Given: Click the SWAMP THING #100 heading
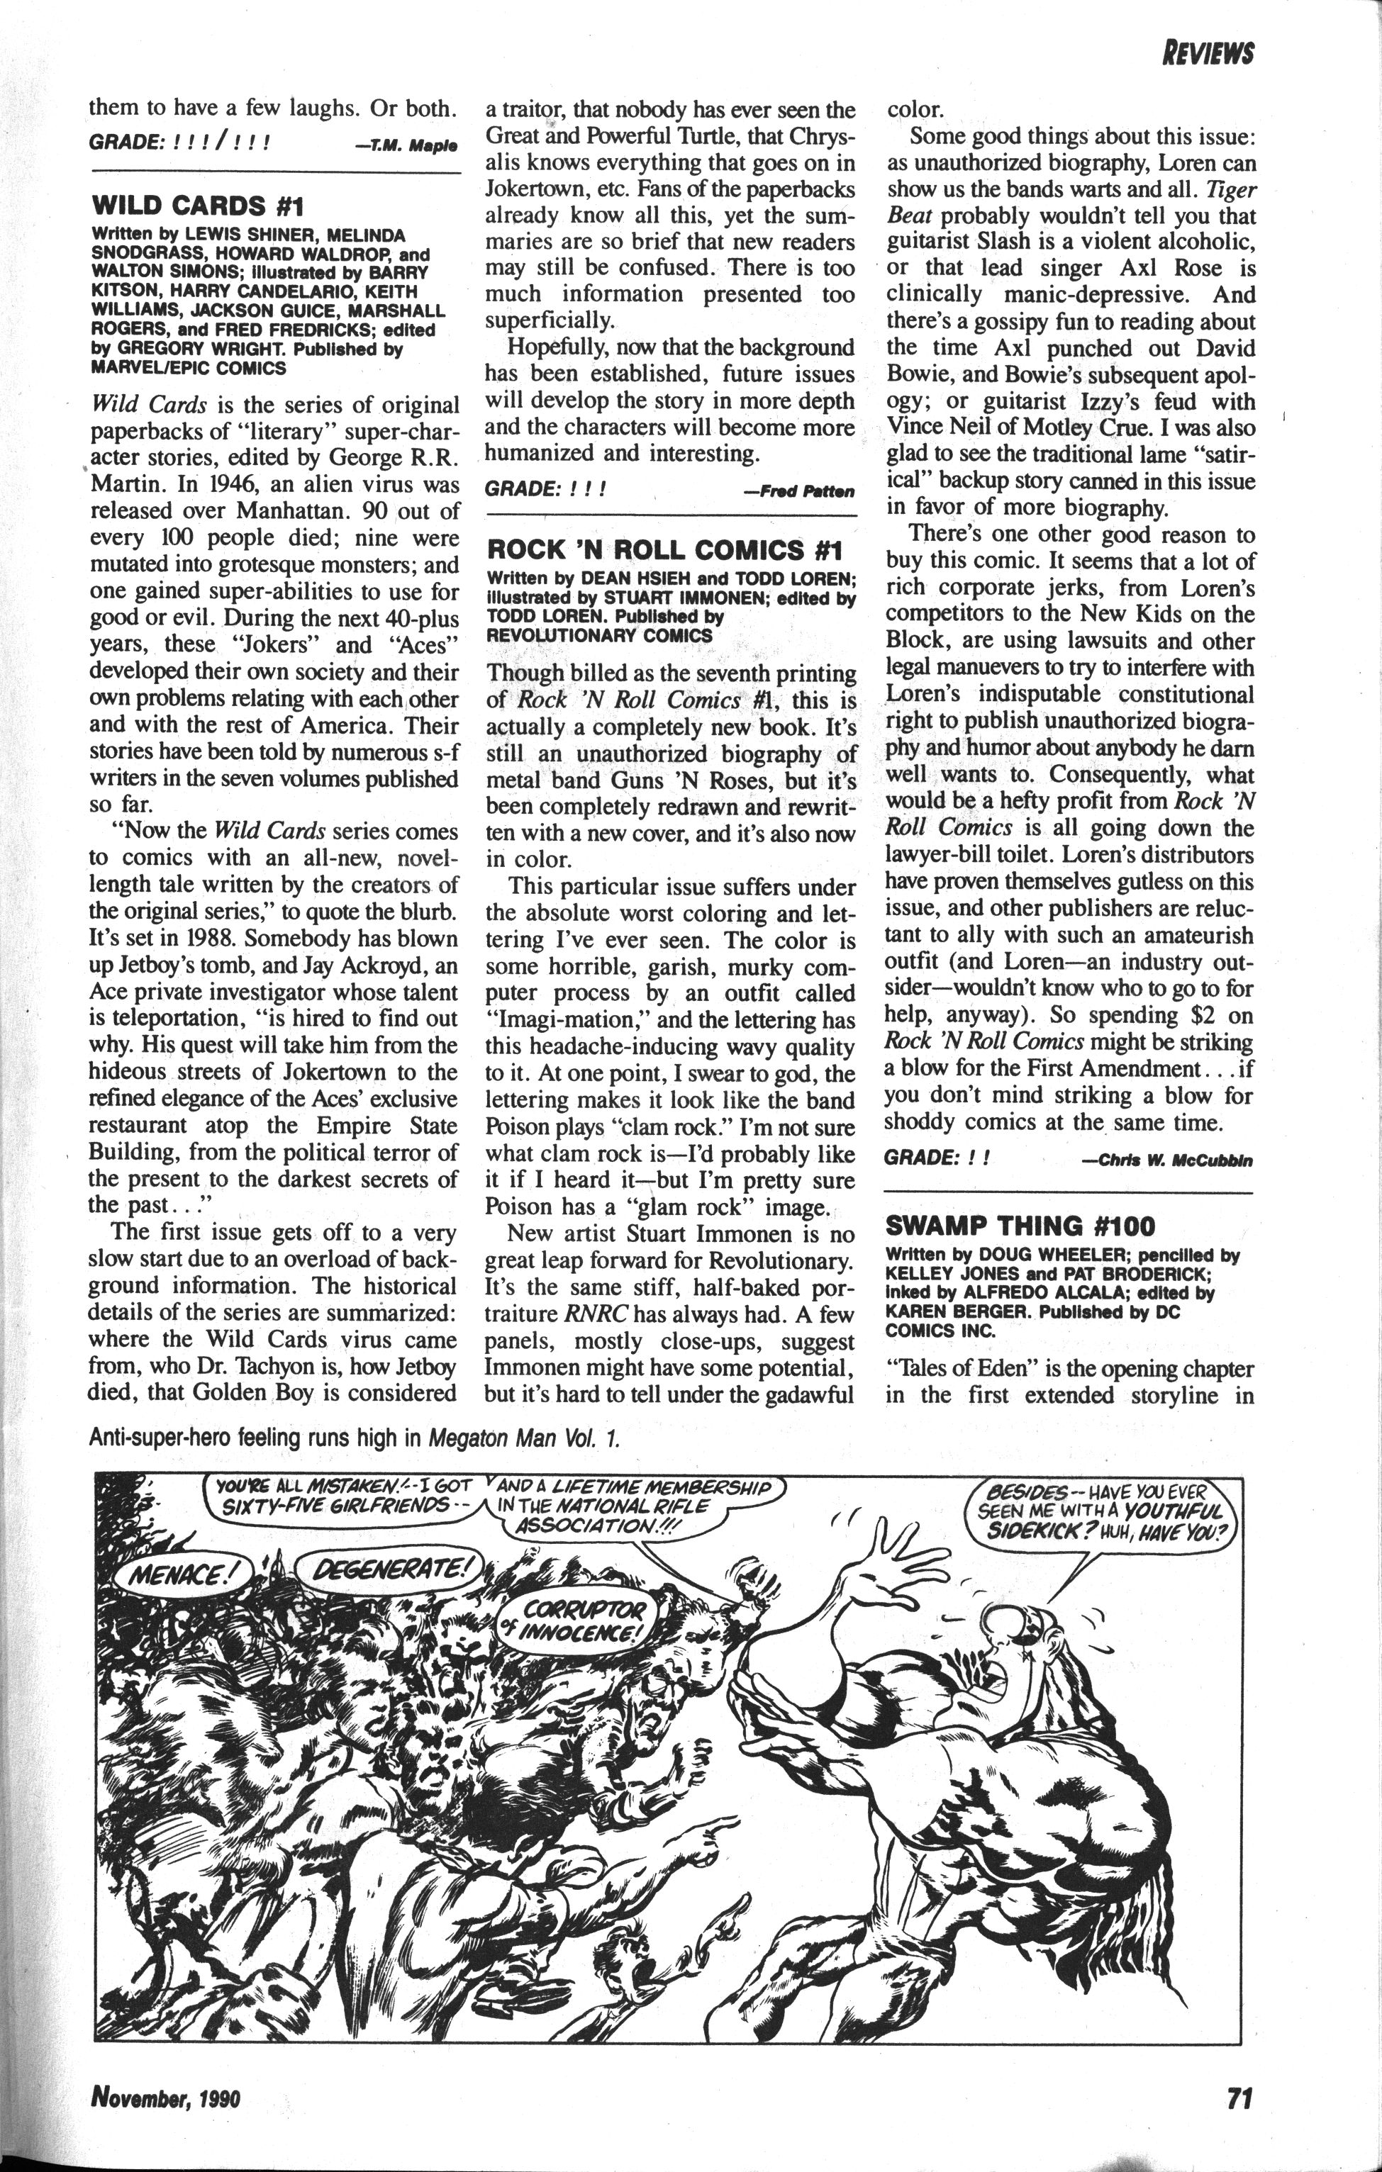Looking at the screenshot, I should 1020,1226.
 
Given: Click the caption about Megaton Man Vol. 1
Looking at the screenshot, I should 355,1437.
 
